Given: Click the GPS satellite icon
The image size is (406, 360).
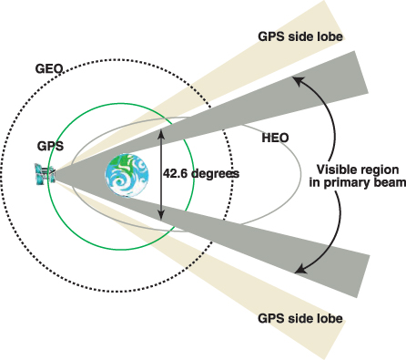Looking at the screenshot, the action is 45,174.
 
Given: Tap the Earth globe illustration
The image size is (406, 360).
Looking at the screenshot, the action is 127,175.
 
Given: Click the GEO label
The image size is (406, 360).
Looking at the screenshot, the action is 49,69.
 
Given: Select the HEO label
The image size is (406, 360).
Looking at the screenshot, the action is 275,138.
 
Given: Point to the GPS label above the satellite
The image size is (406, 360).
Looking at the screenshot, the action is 50,146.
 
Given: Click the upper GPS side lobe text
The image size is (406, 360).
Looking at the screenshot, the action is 300,36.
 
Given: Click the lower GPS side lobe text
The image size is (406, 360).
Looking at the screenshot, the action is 300,318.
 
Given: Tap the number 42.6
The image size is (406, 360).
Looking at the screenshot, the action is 176,173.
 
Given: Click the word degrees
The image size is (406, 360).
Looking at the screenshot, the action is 216,174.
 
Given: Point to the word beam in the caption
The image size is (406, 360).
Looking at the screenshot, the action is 392,183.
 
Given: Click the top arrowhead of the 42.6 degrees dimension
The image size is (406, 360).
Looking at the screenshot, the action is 161,134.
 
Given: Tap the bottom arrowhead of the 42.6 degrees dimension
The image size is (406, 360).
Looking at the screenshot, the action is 161,215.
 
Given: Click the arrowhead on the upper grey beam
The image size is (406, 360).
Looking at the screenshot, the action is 298,81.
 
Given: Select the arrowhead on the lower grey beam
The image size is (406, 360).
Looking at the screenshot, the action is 300,269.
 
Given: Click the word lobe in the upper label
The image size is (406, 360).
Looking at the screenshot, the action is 330,36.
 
